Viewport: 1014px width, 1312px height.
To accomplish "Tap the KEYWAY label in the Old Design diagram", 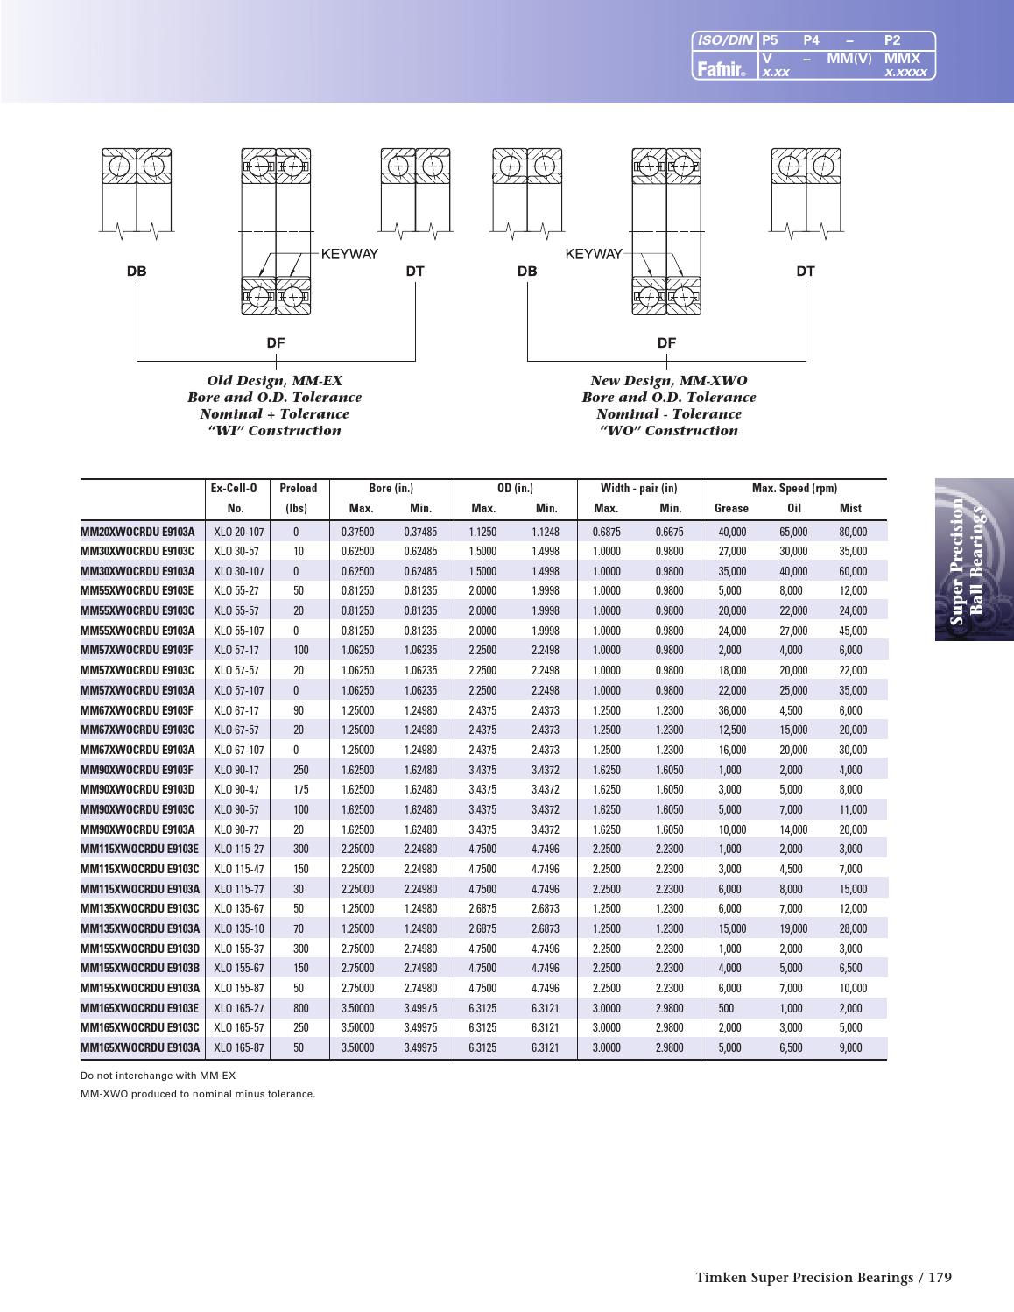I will coord(349,254).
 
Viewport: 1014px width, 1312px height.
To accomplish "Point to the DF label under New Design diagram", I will coord(666,342).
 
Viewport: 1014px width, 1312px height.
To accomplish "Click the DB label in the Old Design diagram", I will coord(137,272).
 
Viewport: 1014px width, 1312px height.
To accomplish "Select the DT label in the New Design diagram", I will coord(805,272).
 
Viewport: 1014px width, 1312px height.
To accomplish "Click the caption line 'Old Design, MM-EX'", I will coord(274,381).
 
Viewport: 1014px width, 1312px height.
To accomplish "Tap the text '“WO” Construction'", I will coord(668,431).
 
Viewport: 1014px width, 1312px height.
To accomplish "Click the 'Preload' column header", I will coord(298,489).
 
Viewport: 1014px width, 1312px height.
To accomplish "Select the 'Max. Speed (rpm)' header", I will coord(794,489).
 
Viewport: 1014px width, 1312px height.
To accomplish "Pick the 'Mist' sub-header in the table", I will coord(849,509).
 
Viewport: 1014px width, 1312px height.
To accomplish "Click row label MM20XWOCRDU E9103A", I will coord(137,532).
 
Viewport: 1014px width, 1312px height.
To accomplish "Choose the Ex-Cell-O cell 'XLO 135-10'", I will coord(238,928).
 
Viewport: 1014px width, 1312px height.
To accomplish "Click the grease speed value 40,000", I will coord(732,532).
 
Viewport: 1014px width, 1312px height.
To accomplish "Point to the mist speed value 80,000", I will coord(852,532).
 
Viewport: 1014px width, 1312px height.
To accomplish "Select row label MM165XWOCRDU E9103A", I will coord(140,1047).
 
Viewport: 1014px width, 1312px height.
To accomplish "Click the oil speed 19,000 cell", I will coord(793,928).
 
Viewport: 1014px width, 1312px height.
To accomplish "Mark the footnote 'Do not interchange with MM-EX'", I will coord(158,1076).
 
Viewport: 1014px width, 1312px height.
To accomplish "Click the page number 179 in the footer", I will coord(939,1278).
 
